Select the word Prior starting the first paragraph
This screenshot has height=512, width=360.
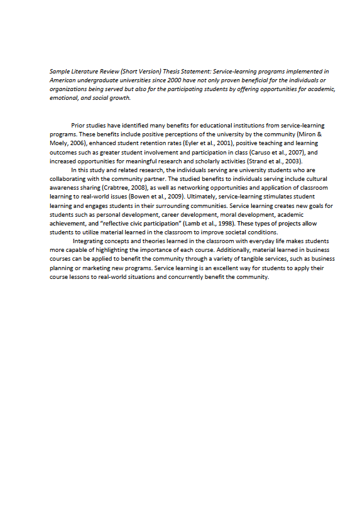pos(79,126)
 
